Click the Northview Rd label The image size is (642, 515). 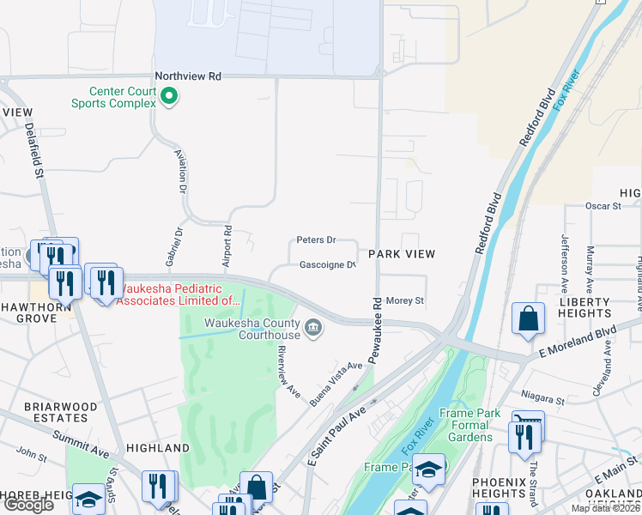pos(188,76)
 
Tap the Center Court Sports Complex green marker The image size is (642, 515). pos(169,97)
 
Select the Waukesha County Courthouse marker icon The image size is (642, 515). pos(313,326)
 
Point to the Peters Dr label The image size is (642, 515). pos(315,240)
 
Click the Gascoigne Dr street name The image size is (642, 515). pos(327,265)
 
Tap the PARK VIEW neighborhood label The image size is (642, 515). pos(402,254)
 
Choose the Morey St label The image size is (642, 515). pos(406,300)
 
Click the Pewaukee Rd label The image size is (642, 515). pos(375,329)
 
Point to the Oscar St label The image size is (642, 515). pos(603,206)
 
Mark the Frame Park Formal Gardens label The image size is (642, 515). pos(469,425)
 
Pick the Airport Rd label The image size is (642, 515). pos(228,244)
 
